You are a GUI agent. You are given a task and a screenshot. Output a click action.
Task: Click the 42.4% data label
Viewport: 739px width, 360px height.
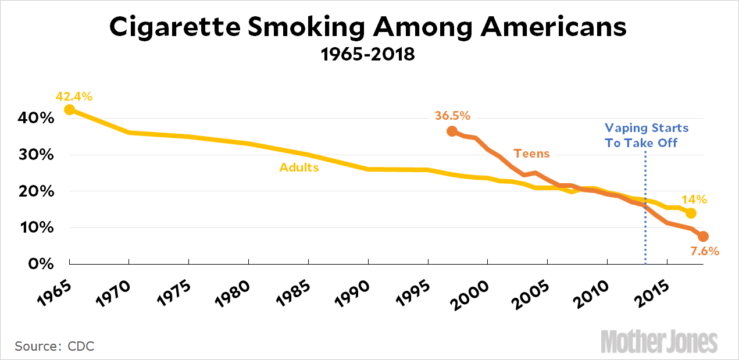pos(74,96)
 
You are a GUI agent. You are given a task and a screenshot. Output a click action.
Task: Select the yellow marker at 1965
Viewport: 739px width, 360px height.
pos(69,109)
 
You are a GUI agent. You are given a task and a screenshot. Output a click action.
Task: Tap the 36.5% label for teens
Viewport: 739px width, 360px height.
pos(452,116)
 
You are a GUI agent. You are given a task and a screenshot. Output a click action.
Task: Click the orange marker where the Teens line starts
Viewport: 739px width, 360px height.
pos(452,131)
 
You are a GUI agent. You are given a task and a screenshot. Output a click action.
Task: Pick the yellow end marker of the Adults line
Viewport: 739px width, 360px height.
pos(691,213)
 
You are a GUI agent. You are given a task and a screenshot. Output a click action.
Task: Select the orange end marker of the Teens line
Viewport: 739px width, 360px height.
pos(702,236)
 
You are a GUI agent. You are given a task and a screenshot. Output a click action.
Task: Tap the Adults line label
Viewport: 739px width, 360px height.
pos(299,167)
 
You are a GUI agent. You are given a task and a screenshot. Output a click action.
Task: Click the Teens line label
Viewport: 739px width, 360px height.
pos(531,154)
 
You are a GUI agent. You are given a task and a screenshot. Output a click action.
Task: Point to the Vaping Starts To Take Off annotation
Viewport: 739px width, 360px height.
pos(646,135)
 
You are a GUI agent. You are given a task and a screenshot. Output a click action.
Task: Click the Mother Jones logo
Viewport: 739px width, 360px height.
pos(659,341)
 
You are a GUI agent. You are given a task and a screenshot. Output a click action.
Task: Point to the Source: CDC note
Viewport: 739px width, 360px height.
pos(55,346)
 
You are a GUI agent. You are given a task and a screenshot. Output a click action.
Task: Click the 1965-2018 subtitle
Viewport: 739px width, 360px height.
pos(368,55)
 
